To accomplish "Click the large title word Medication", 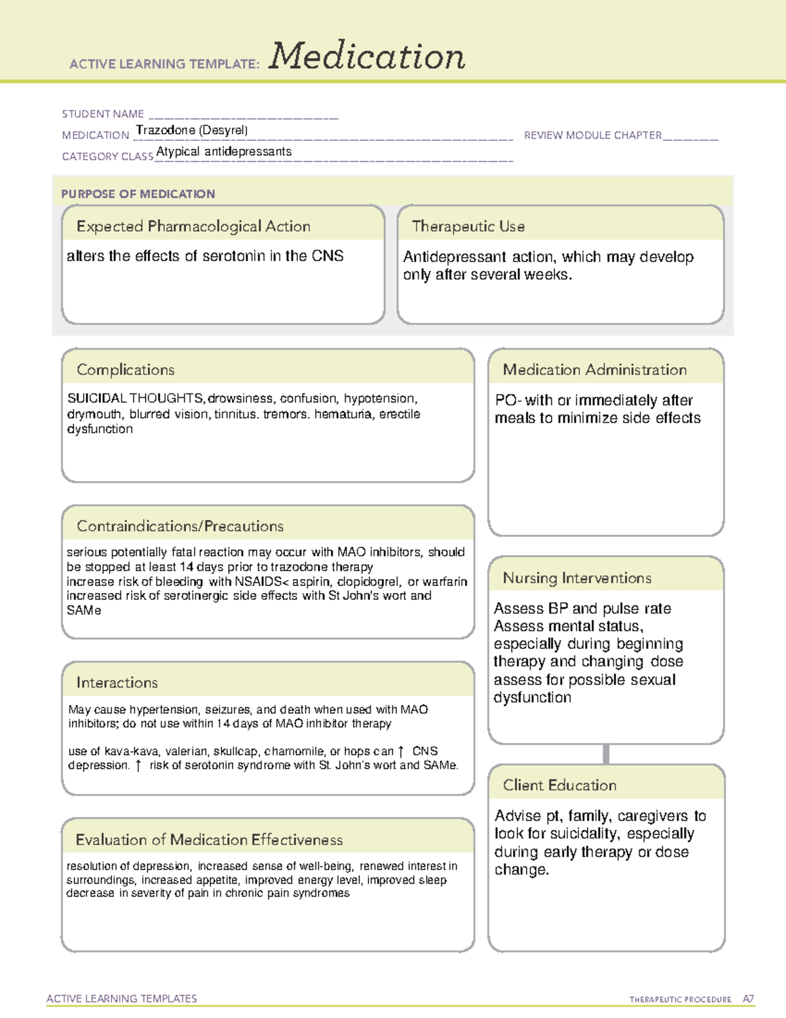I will pos(367,56).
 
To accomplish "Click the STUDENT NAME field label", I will pos(103,114).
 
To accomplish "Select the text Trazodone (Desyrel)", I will pos(192,130).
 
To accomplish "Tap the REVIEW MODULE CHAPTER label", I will pos(593,136).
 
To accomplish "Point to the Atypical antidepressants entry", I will pos(224,151).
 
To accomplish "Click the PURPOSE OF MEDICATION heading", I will pos(138,194).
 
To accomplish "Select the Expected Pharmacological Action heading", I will pos(193,226).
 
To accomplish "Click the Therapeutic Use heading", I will pos(468,226).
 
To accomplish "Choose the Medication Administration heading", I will pos(595,370).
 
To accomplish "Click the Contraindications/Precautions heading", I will pos(180,526).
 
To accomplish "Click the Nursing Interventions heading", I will pos(577,578).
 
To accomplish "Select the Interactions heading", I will pos(117,683).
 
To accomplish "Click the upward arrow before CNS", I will pos(401,752).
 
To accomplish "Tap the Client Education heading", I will pos(560,785).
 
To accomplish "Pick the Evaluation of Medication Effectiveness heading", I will pos(209,840).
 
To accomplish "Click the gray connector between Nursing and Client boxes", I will pos(606,754).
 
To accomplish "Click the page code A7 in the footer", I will pos(747,999).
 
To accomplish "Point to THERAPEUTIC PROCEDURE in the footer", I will pos(681,1000).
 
